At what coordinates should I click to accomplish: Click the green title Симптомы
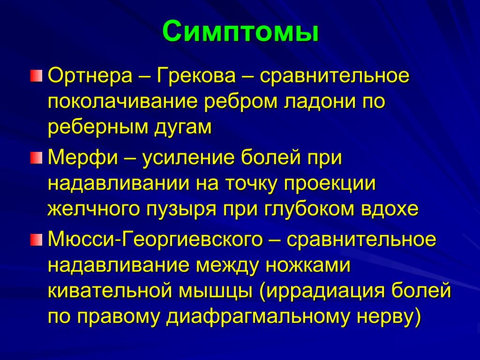coord(240,31)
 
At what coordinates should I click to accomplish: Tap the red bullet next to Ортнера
coord(36,75)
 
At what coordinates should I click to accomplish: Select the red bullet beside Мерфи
coord(36,158)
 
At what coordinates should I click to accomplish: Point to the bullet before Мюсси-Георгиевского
coord(36,240)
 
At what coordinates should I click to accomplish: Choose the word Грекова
coord(196,75)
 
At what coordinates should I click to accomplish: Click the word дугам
coord(183,127)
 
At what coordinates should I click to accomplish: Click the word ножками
coord(307,265)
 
